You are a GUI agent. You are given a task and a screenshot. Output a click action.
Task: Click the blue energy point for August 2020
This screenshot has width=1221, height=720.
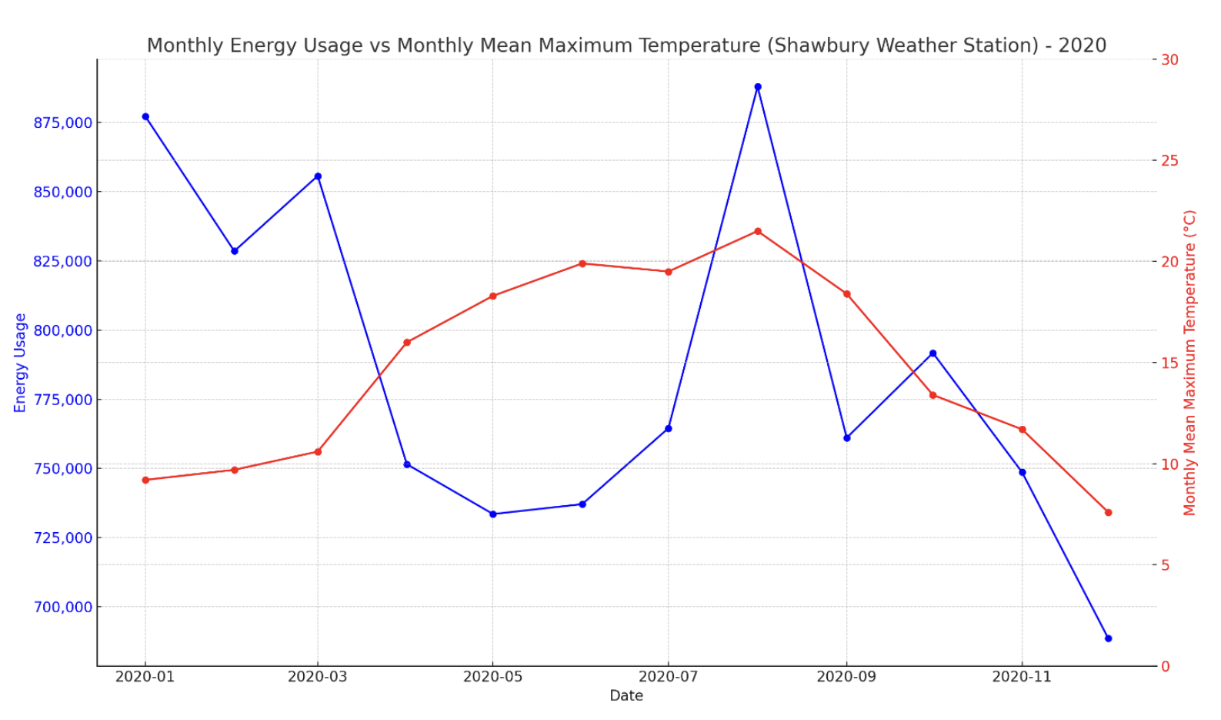(758, 87)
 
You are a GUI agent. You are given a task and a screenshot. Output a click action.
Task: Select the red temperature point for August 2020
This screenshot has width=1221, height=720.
(758, 231)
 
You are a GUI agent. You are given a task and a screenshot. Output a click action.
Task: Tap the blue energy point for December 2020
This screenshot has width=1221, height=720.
(1108, 638)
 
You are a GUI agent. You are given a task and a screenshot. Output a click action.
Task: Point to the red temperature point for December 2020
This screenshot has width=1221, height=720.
(1108, 512)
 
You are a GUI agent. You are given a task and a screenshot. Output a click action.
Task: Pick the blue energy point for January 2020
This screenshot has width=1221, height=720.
(145, 117)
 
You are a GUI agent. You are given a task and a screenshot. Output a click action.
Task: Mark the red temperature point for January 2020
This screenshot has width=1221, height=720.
(145, 480)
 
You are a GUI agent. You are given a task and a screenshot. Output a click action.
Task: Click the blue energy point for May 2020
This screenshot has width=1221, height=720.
(493, 514)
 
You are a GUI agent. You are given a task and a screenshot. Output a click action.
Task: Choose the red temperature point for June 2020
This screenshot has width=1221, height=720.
(582, 263)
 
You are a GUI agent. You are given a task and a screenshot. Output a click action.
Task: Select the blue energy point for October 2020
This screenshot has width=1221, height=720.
(932, 353)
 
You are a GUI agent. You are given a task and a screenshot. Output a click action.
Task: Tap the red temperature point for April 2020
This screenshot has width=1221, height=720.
(407, 343)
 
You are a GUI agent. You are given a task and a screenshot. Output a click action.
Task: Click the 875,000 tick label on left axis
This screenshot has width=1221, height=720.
(62, 123)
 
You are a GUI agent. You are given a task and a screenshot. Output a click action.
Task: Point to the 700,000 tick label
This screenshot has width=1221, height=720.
(62, 608)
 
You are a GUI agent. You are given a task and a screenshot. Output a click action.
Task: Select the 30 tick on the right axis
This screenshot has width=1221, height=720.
(1169, 60)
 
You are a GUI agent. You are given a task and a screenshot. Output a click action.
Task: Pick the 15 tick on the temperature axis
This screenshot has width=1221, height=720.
(1169, 363)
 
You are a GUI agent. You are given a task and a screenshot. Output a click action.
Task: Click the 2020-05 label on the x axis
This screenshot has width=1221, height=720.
(492, 677)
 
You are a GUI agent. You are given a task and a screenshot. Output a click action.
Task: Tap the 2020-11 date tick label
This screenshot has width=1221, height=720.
(1021, 677)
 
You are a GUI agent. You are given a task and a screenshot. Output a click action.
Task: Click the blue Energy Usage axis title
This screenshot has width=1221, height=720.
(21, 363)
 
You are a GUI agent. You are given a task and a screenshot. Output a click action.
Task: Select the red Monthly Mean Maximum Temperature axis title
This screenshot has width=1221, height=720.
(1190, 363)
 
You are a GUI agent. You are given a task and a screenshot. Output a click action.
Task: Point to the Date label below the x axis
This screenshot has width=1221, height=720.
(626, 696)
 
